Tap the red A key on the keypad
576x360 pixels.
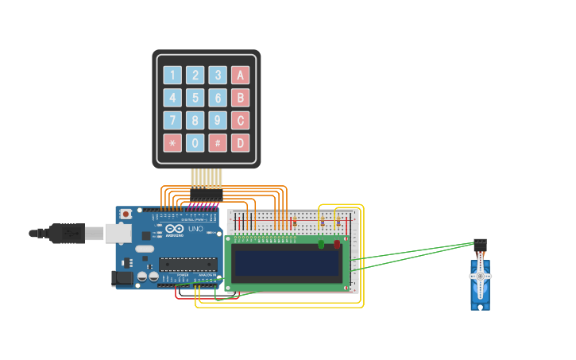click(x=240, y=75)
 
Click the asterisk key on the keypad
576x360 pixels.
click(x=172, y=143)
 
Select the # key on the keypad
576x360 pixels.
click(x=218, y=143)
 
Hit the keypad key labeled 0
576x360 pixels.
click(x=195, y=143)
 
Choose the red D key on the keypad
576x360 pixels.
click(x=240, y=143)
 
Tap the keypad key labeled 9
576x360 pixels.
click(x=218, y=121)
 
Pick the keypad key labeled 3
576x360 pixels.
click(x=218, y=75)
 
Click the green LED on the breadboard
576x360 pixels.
click(x=321, y=244)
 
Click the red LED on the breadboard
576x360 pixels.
click(x=337, y=244)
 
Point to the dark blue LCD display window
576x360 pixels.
click(x=286, y=263)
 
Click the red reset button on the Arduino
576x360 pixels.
click(x=125, y=214)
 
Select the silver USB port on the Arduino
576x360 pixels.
click(x=118, y=233)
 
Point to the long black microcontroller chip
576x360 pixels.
click(x=187, y=264)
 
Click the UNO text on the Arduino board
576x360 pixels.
click(x=195, y=229)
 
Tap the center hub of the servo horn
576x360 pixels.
click(x=480, y=276)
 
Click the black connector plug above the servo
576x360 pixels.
click(x=480, y=244)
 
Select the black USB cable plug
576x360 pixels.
click(x=67, y=233)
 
